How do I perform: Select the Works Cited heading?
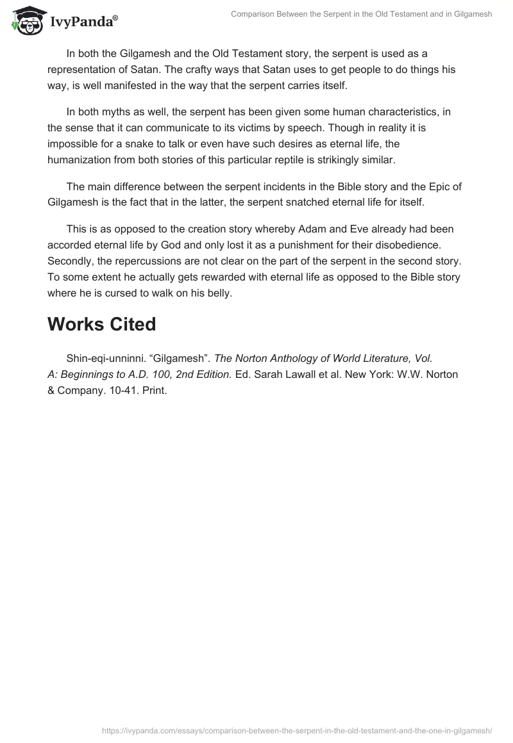point(101,324)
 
